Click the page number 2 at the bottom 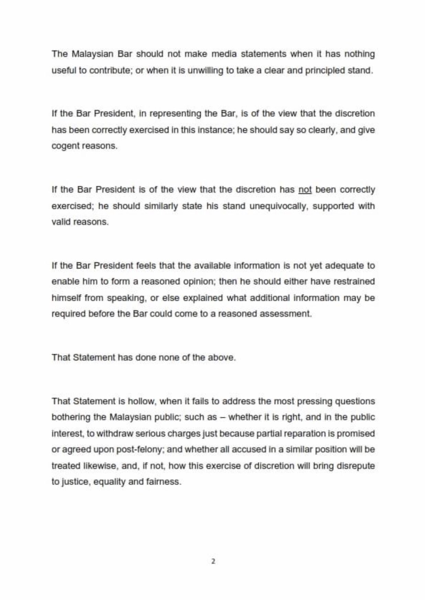(x=213, y=561)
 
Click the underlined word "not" (x=305, y=190)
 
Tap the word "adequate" (x=346, y=266)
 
